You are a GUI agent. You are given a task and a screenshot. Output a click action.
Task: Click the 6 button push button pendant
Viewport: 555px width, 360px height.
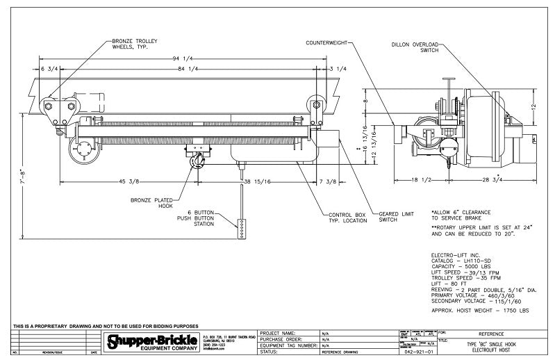[242, 227]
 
